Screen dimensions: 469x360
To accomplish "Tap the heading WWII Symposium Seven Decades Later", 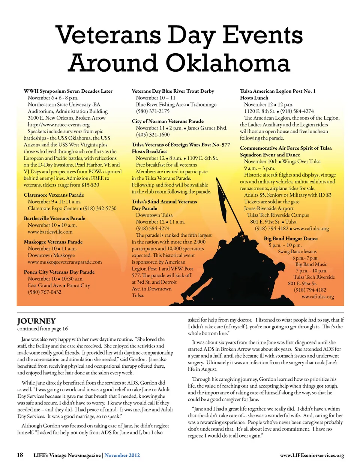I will [x=68, y=91].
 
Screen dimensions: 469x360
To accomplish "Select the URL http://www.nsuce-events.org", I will [x=58, y=125].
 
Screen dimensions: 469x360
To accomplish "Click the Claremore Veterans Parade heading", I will [x=54, y=195].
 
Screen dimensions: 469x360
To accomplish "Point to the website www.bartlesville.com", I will [x=50, y=232].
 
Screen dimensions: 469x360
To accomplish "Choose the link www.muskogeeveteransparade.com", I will [x=64, y=262].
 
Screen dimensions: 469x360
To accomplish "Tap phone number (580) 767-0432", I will [x=44, y=292].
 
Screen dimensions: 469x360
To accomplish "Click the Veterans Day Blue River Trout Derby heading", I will [x=173, y=91].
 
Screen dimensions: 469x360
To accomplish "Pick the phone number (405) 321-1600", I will [x=153, y=135].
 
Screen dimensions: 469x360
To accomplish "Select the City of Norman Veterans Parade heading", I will [x=168, y=121].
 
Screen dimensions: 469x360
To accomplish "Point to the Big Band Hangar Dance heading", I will [x=290, y=239].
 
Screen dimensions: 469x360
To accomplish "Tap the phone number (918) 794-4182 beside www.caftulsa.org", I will [x=271, y=228].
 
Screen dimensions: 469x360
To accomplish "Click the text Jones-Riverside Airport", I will [x=268, y=208].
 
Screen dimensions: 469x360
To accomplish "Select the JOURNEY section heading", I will [x=36, y=321].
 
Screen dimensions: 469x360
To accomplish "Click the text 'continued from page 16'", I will [x=42, y=329].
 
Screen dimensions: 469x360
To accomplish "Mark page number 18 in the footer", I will [x=20, y=455].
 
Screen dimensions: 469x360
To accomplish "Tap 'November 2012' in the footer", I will [x=122, y=455].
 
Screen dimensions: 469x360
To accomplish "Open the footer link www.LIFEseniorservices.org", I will [x=312, y=455].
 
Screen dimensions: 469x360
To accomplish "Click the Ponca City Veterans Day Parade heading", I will [x=59, y=272].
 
